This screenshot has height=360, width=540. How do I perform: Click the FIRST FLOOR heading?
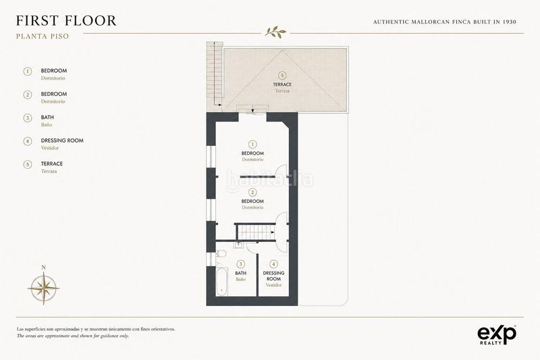point(66,21)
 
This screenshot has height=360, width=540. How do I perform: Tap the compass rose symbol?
point(43,288)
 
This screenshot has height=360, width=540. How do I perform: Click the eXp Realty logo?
point(497,335)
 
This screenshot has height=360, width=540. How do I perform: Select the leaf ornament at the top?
point(275,32)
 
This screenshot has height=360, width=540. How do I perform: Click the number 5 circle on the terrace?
point(282,76)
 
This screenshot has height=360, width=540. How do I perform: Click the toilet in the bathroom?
point(221,254)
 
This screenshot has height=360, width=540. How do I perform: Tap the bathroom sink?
point(238,245)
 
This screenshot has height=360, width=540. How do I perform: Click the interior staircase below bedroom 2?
point(256,232)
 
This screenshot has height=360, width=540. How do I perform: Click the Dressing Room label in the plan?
point(274,276)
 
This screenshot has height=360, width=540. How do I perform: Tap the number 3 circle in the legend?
point(28,118)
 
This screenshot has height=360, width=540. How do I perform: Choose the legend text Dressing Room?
point(62,140)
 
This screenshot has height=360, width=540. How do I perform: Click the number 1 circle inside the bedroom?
point(252,145)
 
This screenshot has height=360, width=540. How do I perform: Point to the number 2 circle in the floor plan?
point(252,192)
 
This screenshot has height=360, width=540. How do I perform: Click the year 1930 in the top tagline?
point(510,22)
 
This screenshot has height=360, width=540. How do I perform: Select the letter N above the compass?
point(43,267)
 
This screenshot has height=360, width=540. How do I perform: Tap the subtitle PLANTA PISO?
point(43,36)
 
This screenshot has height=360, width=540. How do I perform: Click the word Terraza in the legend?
point(49,171)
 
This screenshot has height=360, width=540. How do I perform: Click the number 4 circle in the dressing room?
point(273,264)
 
